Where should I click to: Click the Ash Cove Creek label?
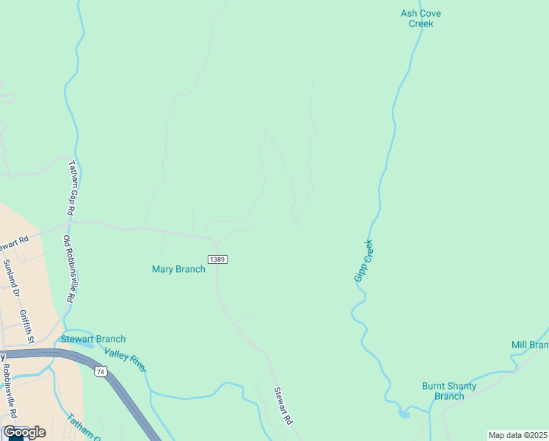421,18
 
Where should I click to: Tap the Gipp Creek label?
364,260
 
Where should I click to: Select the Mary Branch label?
178,269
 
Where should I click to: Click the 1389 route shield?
217,259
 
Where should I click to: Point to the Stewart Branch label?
93,339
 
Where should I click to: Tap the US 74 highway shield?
99,373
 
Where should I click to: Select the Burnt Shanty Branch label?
449,391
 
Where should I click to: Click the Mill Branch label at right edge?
530,345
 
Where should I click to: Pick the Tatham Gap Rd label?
71,188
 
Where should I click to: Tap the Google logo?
23,432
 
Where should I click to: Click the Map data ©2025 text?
517,435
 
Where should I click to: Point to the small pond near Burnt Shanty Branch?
404,415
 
